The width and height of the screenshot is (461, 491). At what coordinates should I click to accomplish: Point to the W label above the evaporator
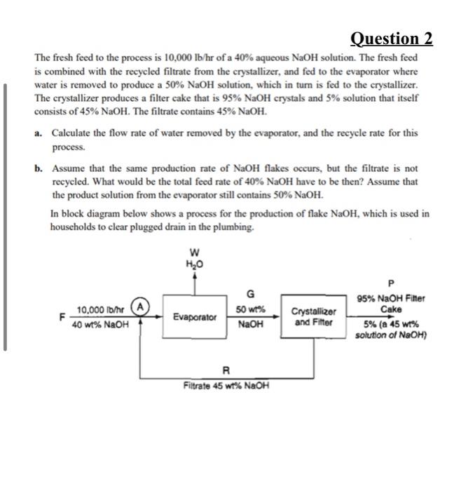(x=193, y=253)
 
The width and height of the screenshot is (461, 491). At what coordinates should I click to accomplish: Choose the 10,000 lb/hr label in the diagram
(x=99, y=310)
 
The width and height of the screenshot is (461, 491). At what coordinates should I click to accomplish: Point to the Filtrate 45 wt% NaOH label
(x=226, y=386)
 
